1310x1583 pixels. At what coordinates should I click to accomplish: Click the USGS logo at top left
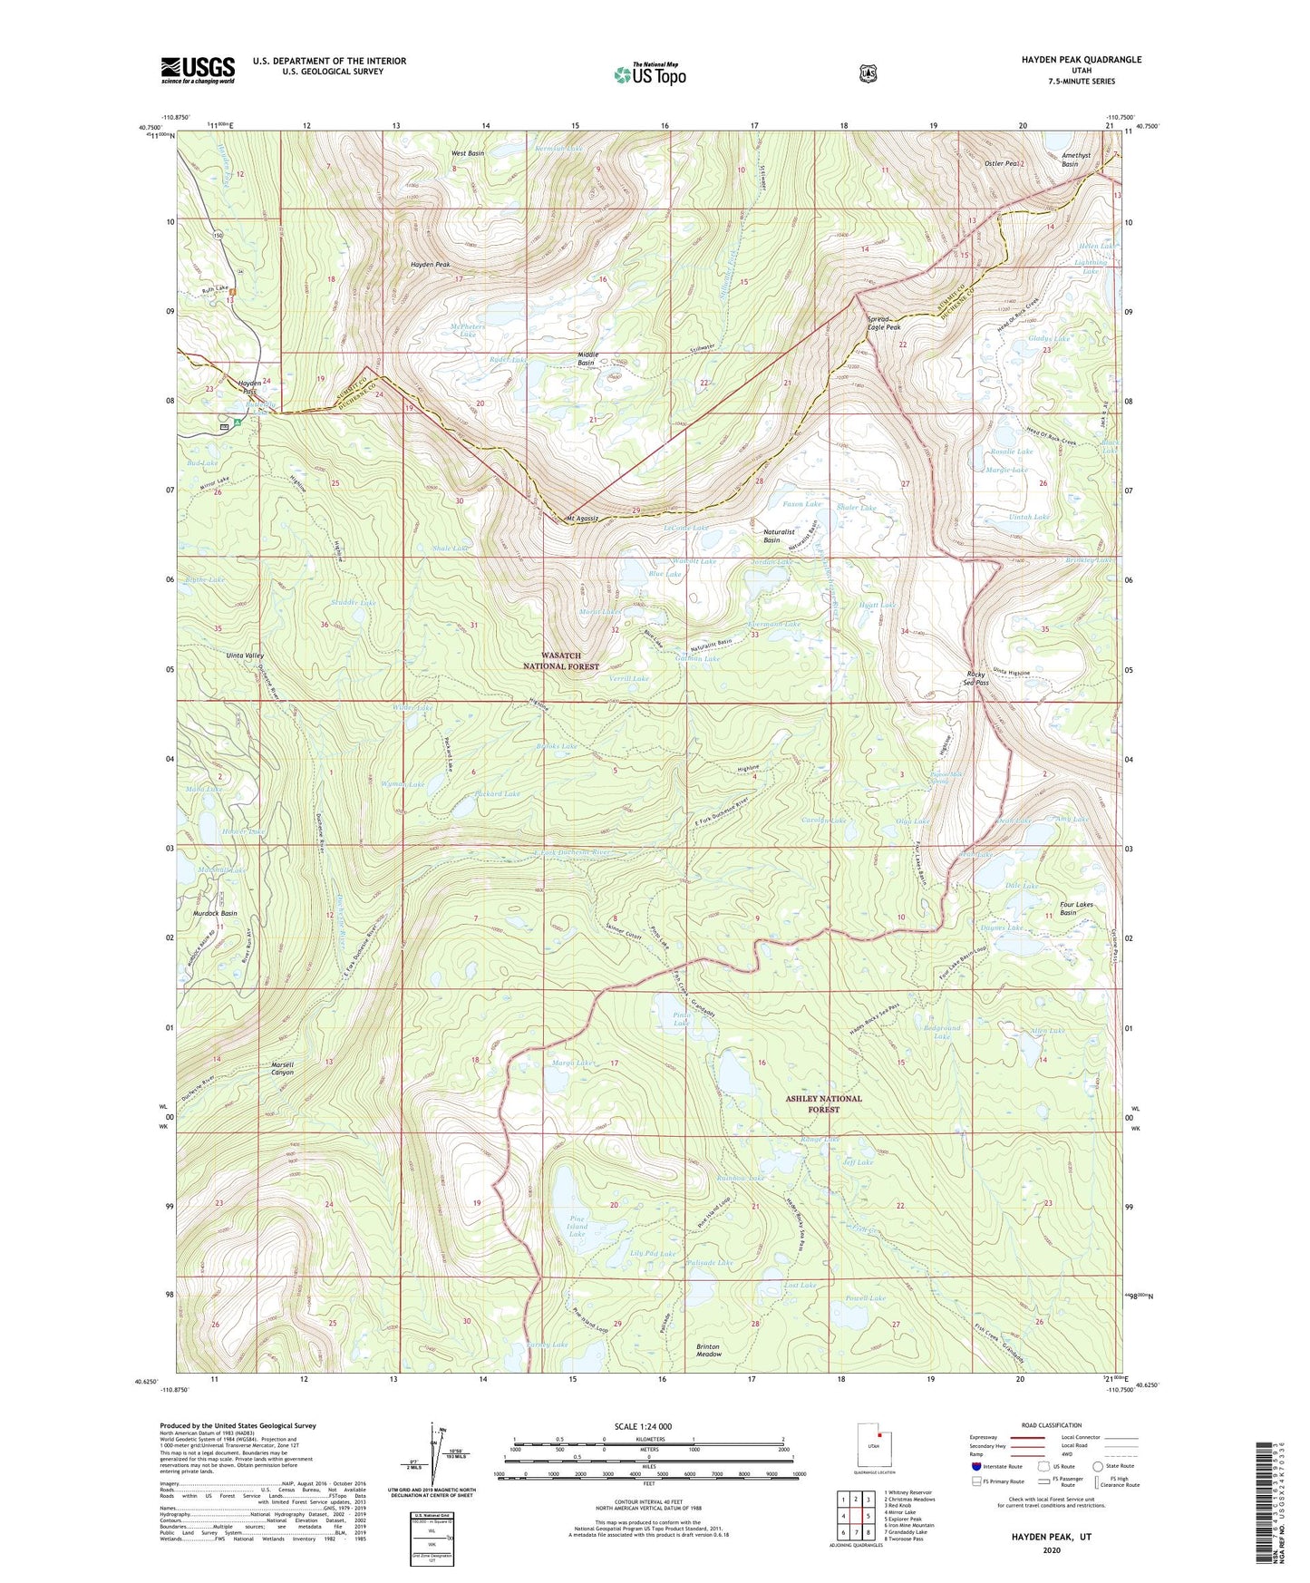(198, 69)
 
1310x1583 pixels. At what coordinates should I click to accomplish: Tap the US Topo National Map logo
(649, 73)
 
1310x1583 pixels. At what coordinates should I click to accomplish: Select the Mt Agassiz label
(582, 519)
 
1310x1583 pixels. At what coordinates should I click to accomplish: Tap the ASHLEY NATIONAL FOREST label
(824, 1103)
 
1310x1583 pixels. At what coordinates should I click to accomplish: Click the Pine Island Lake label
(577, 1227)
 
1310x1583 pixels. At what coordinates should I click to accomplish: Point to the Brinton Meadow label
(709, 1349)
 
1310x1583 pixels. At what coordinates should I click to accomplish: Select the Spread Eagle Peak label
(884, 324)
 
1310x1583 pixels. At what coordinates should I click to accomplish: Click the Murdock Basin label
(215, 913)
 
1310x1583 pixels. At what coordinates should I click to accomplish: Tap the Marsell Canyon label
(282, 1068)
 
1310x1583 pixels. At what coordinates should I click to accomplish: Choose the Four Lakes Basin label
(1077, 908)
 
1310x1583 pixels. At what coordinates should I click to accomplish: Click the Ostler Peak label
(1003, 163)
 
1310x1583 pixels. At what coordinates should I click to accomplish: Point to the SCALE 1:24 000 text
(643, 1426)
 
